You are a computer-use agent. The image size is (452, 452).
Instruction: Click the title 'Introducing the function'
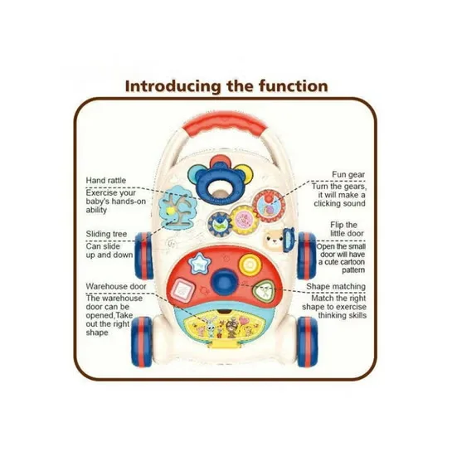226,86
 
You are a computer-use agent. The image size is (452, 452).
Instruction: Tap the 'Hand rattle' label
106,181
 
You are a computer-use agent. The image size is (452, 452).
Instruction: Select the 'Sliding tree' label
106,234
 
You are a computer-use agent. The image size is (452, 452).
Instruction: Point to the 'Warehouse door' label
116,286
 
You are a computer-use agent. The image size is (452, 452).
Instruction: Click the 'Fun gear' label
348,174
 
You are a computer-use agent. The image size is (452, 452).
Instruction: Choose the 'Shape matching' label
336,286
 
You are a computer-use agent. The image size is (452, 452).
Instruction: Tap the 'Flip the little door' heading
347,229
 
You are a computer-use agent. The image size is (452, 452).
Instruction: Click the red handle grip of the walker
225,124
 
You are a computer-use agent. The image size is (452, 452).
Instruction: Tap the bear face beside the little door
273,240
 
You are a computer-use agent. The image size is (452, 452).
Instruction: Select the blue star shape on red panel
199,263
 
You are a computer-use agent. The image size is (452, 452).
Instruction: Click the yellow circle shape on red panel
250,265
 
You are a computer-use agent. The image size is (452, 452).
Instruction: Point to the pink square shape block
182,289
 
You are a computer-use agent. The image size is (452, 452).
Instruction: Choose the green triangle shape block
263,291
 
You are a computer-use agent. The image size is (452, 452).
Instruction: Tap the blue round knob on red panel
225,280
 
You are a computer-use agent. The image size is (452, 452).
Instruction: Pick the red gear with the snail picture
269,205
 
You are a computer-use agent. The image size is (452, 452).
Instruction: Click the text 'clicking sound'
339,203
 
